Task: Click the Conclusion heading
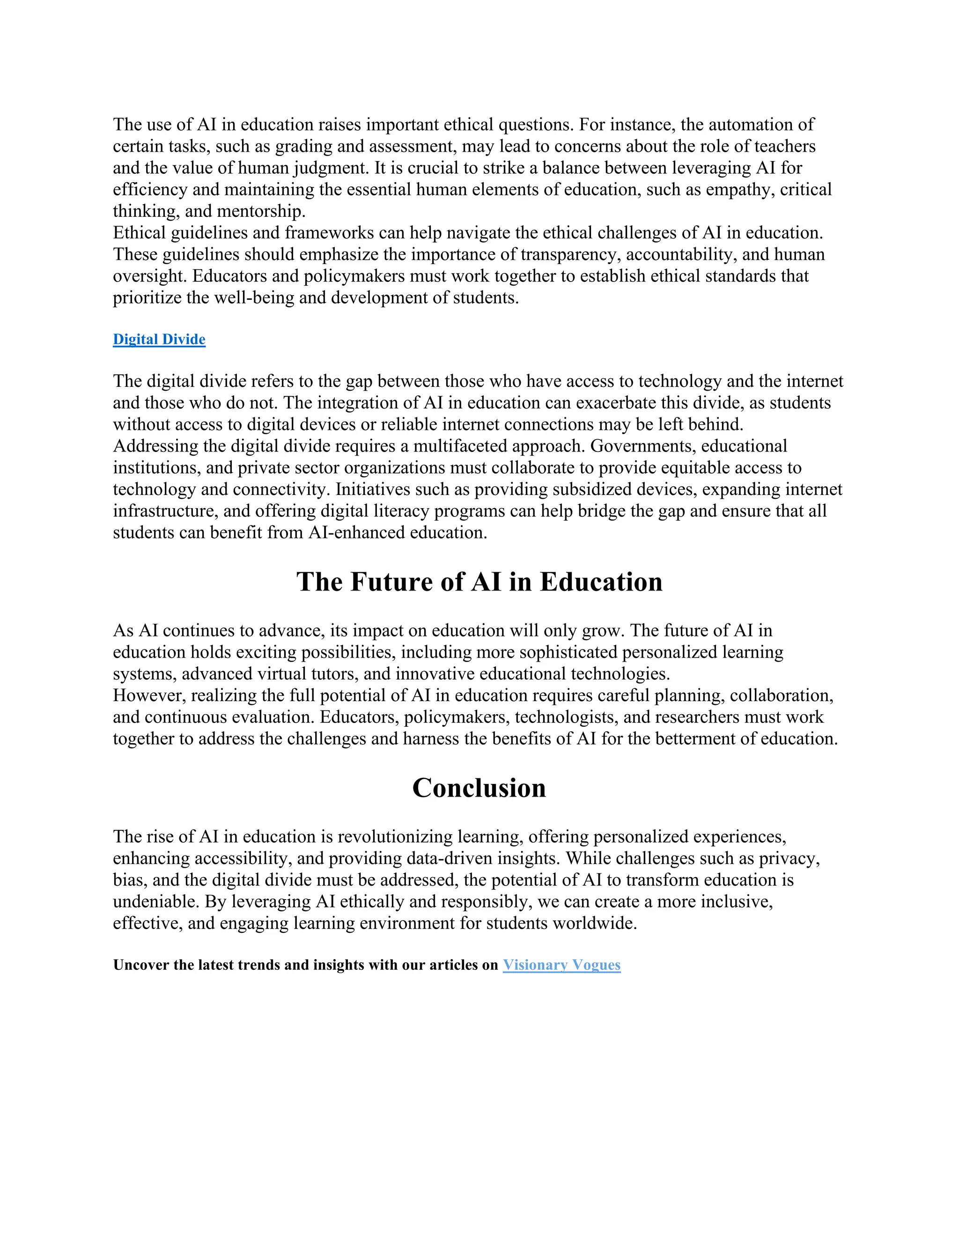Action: click(479, 788)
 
